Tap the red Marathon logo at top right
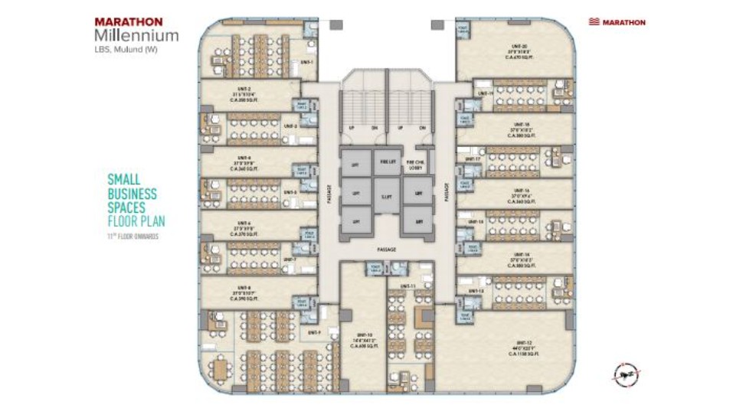click(x=617, y=22)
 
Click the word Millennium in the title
click(x=137, y=35)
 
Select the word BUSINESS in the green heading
click(x=132, y=194)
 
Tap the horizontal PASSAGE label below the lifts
click(x=386, y=250)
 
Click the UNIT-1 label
click(x=307, y=60)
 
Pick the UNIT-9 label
click(x=313, y=332)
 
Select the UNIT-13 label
click(x=476, y=291)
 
